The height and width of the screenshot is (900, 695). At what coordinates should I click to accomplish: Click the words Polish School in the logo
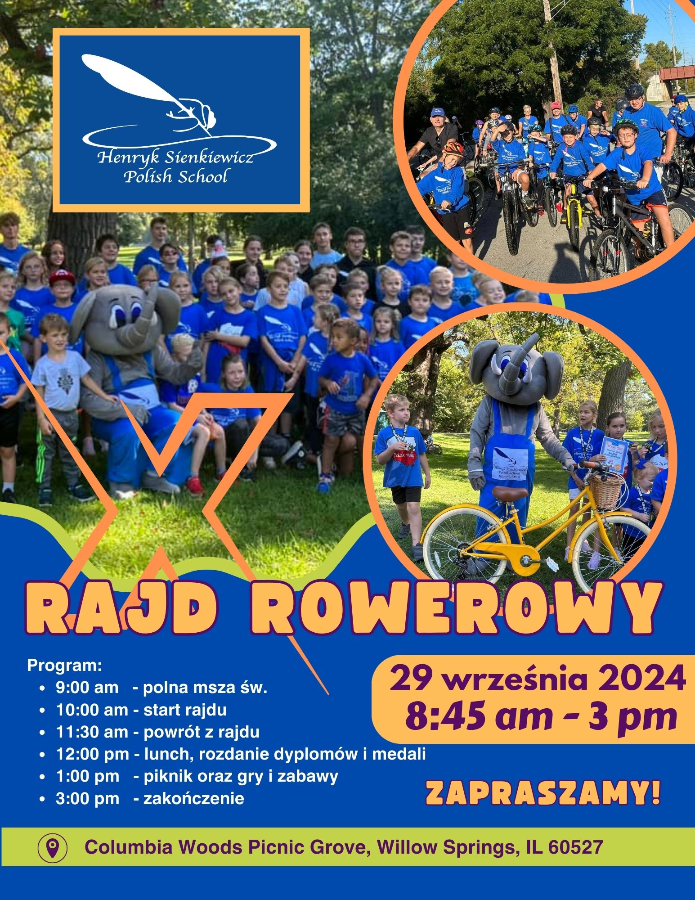click(175, 176)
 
